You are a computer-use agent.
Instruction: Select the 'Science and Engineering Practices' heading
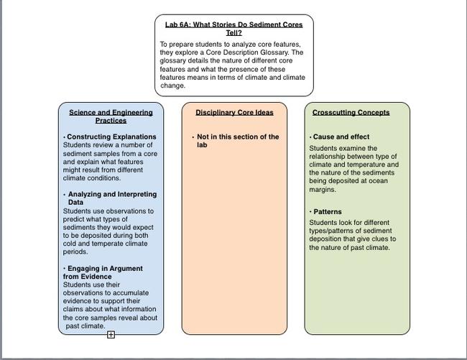(x=111, y=116)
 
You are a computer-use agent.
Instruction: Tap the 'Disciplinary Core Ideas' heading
(x=234, y=112)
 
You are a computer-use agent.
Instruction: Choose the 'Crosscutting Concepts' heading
(x=351, y=112)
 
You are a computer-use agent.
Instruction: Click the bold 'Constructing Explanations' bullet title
(x=111, y=137)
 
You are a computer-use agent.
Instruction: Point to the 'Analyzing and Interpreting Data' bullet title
(x=111, y=198)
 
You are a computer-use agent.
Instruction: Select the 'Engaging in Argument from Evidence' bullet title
(x=104, y=272)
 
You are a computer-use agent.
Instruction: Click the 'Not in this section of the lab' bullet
(x=238, y=140)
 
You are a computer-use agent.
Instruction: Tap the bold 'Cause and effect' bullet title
(x=341, y=137)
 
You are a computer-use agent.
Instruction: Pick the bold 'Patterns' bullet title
(x=328, y=212)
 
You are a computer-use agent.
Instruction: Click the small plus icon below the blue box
(x=111, y=335)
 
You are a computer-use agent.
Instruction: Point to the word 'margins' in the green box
(x=322, y=190)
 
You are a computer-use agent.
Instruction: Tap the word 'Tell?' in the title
(x=234, y=33)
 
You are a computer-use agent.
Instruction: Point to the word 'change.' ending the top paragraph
(x=173, y=86)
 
